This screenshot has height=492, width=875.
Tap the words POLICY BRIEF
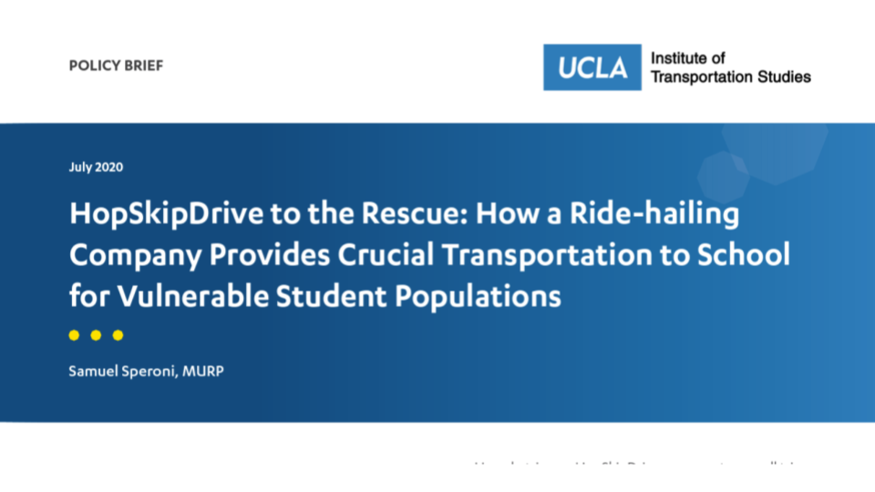pos(116,66)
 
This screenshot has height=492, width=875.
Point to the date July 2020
pos(96,167)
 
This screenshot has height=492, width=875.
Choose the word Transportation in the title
pos(575,256)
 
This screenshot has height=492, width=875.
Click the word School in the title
pos(746,256)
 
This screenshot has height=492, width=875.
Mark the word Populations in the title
pos(484,296)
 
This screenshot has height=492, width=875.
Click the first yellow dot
pos(75,335)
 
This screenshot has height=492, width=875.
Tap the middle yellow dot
pos(96,335)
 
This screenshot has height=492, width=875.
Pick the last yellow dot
pos(118,335)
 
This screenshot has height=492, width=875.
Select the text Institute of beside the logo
pos(687,58)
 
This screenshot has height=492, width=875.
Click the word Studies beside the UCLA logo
pos(784,77)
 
